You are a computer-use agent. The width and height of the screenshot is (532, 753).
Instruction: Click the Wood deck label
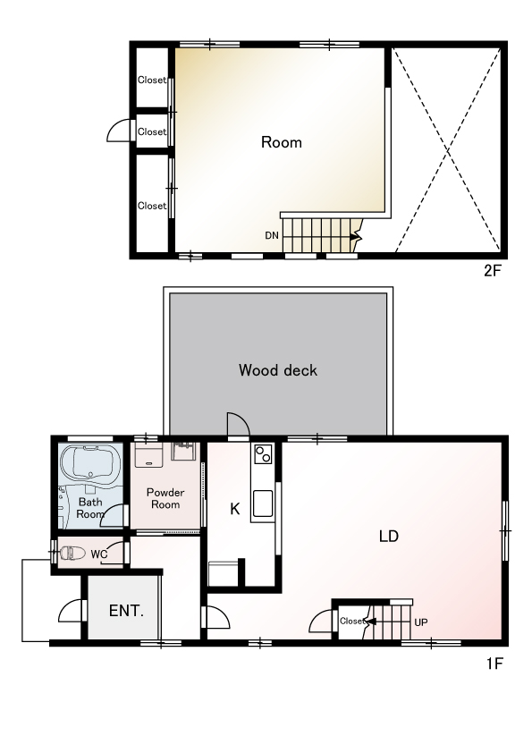[x=278, y=370]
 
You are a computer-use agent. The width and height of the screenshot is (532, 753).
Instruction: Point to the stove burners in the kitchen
[x=263, y=453]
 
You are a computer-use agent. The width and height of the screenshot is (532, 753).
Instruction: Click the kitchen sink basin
[x=263, y=503]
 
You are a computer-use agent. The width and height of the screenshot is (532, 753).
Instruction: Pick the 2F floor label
[x=492, y=271]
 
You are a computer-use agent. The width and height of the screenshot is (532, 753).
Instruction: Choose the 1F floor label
[x=494, y=664]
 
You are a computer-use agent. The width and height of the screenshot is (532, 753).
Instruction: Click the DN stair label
[x=272, y=235]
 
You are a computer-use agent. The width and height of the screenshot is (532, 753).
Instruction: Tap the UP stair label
[x=420, y=622]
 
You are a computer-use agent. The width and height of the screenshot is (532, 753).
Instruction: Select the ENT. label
[x=126, y=611]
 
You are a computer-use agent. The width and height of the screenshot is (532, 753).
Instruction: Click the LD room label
[x=388, y=536]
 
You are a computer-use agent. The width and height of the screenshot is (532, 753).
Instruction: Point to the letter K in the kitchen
[x=235, y=509]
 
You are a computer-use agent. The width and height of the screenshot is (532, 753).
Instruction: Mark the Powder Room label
[x=165, y=498]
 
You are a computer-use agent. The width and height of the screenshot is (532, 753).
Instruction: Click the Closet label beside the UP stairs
[x=352, y=621]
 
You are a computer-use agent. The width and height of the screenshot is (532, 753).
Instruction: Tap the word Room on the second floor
[x=282, y=142]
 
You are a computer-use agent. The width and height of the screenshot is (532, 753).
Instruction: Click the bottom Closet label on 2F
[x=152, y=206]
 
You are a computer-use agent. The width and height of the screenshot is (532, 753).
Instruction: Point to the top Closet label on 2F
[x=152, y=80]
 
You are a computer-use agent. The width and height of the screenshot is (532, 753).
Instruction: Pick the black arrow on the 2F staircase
[x=356, y=237]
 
